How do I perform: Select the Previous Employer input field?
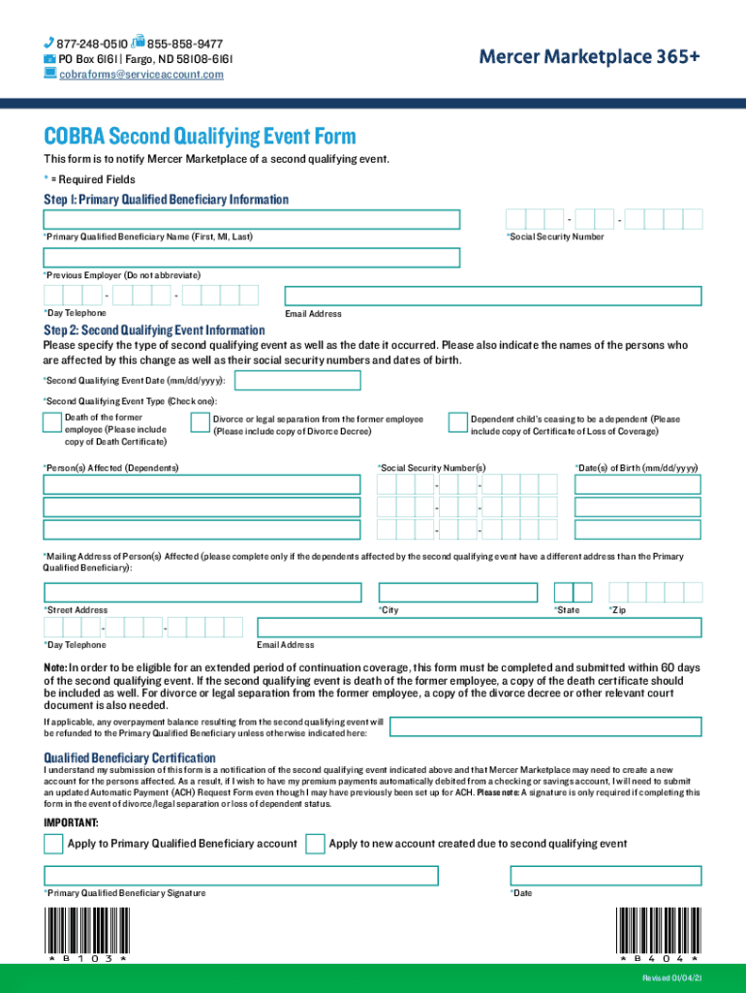pos(251,258)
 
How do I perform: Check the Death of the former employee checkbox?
pos(50,422)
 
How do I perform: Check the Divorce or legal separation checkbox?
pos(200,422)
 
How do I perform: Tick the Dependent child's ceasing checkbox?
pos(457,422)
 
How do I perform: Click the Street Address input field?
pos(202,593)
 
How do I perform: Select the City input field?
pos(457,593)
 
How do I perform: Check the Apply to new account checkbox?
pos(315,844)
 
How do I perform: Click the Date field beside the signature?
pos(605,875)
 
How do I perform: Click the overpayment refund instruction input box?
pos(545,728)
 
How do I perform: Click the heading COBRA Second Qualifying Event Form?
pos(200,137)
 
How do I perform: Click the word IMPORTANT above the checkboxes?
pos(71,822)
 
